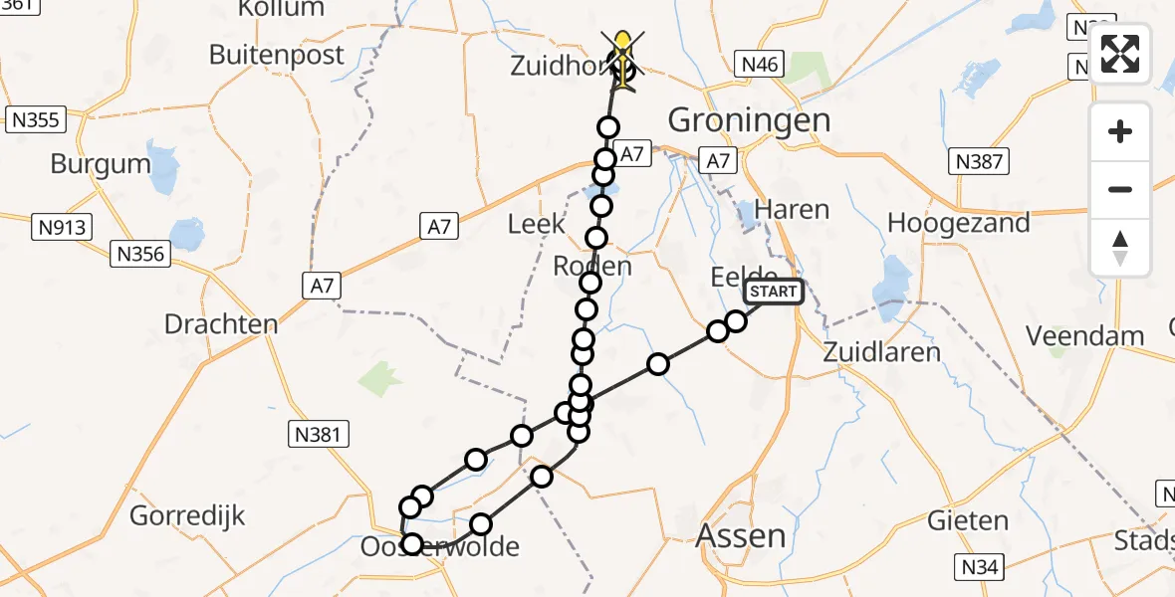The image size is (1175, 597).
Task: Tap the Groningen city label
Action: [749, 120]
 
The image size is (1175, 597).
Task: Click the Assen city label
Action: [741, 535]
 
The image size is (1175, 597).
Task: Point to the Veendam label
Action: [1085, 335]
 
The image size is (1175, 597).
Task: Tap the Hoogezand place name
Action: [958, 223]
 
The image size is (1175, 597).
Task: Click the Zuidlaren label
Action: [882, 352]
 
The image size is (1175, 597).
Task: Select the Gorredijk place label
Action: [187, 516]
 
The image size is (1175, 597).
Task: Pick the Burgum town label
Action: [100, 164]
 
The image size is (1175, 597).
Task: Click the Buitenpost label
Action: [277, 55]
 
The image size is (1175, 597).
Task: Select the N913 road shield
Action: [64, 228]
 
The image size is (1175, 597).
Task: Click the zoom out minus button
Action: [1120, 189]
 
